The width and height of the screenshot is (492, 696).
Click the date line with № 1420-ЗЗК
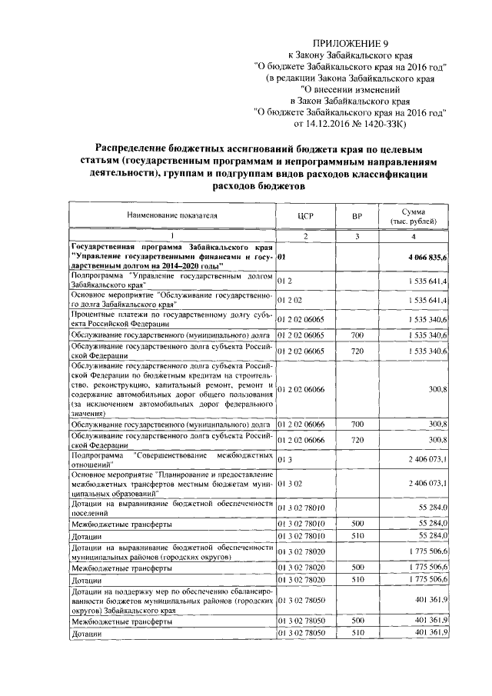tap(350, 123)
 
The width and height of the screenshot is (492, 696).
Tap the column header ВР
tap(357, 217)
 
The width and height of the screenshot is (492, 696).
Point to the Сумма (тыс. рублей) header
tap(420, 217)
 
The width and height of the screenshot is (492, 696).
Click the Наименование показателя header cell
tap(171, 217)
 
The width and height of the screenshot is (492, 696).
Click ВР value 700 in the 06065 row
tap(357, 335)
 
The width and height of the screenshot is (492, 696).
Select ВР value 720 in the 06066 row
tap(357, 440)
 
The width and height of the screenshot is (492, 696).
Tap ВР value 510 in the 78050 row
tap(357, 632)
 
